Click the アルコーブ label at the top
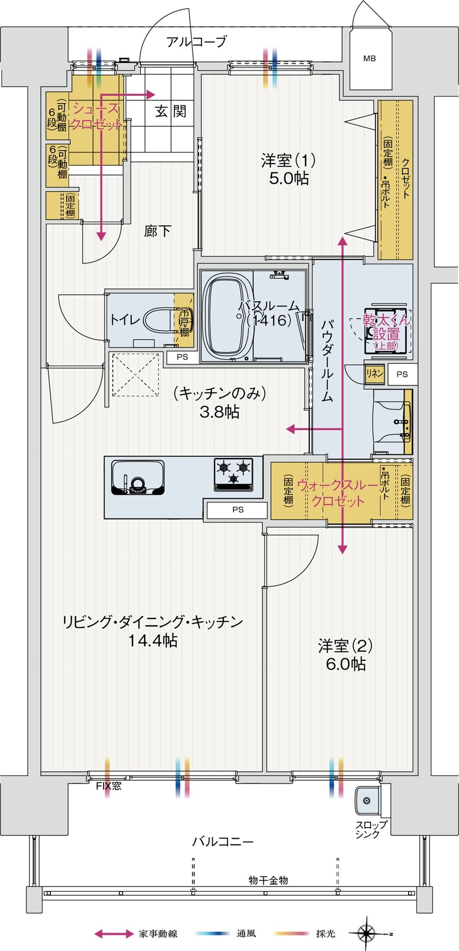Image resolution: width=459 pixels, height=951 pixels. click(196, 42)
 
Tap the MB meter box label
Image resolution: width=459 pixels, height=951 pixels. click(369, 59)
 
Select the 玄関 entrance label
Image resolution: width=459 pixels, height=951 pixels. click(170, 111)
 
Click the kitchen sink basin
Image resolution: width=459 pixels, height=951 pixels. click(138, 478)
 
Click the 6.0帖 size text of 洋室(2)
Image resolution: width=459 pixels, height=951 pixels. click(345, 664)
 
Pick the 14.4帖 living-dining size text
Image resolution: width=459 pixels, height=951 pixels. click(152, 641)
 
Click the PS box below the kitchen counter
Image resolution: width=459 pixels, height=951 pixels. click(238, 510)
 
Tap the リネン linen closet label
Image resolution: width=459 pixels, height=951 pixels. click(374, 374)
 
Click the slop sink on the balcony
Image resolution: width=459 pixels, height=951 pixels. click(367, 801)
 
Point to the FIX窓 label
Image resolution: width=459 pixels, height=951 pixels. click(109, 786)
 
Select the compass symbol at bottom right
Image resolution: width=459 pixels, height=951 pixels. click(366, 934)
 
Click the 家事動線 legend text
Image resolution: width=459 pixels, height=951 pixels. click(158, 934)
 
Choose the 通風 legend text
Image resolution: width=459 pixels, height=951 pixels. click(246, 934)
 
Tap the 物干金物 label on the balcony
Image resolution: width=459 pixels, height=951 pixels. click(268, 880)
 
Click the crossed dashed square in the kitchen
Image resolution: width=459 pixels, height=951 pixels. click(135, 375)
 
